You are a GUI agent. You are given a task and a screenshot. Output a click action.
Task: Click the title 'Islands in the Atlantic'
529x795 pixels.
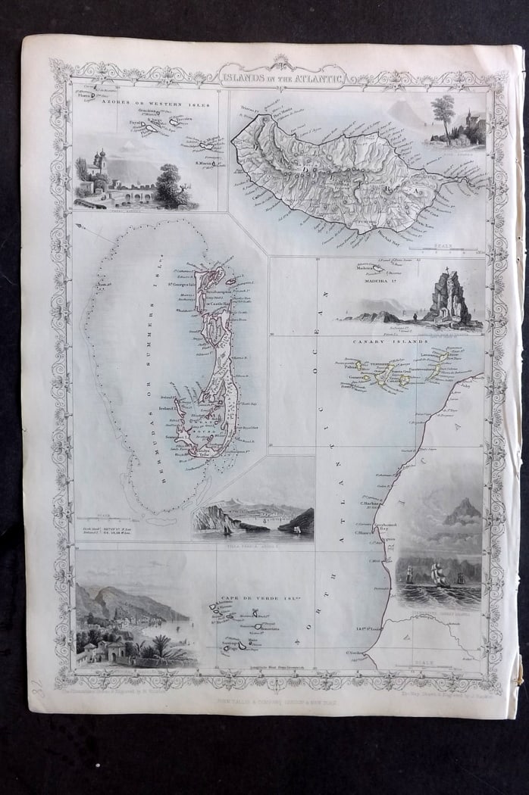click(x=281, y=76)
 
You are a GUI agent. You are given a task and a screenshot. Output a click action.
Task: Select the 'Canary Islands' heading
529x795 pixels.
click(x=390, y=341)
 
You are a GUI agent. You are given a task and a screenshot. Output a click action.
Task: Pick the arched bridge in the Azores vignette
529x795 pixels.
click(x=137, y=195)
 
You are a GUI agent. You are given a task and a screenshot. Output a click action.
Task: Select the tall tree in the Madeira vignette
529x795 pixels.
click(x=443, y=110)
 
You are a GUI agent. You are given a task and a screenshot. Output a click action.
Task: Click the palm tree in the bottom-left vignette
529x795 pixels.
click(x=162, y=644)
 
